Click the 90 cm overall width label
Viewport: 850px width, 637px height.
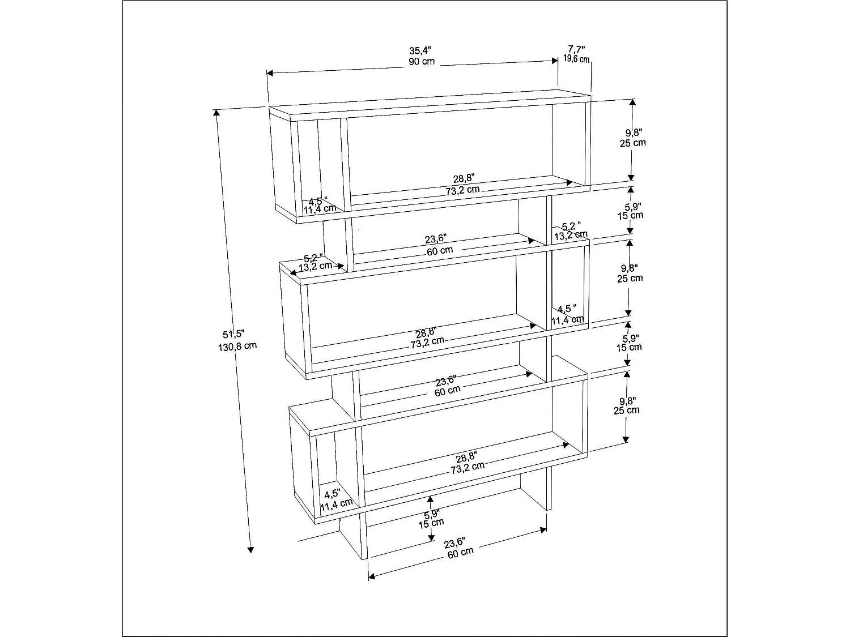tap(422, 61)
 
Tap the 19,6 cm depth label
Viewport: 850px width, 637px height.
tap(576, 59)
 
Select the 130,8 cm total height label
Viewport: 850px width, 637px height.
tap(237, 345)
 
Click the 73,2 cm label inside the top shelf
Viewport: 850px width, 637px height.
tap(462, 190)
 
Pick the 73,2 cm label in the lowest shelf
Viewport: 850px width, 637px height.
tap(467, 466)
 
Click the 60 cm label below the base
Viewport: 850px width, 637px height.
tap(460, 552)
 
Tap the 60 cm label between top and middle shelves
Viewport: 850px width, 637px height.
tap(439, 250)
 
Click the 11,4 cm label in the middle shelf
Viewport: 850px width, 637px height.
tap(567, 320)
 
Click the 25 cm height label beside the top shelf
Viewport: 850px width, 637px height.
tap(632, 143)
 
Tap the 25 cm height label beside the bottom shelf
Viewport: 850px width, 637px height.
tap(626, 410)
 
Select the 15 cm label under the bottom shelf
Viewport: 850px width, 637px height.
tap(431, 523)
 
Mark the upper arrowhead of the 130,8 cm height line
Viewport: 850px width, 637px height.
tap(216, 112)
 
